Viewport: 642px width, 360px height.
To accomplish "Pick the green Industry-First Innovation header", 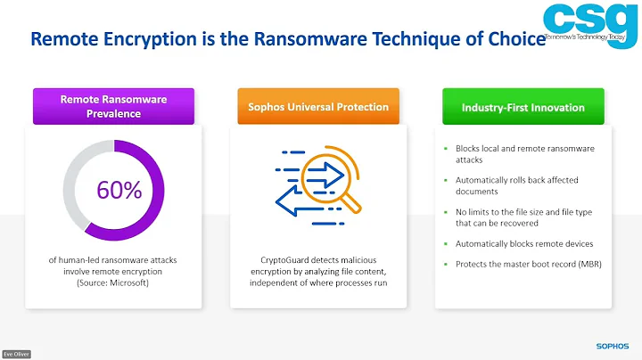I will [x=523, y=107].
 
